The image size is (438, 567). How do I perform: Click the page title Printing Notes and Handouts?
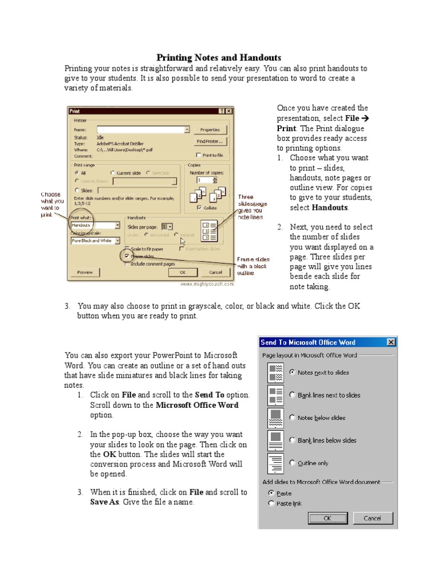(x=219, y=58)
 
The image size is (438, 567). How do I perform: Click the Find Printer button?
(x=210, y=141)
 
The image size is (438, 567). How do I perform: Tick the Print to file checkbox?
(x=198, y=155)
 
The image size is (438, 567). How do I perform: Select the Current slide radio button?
(x=112, y=172)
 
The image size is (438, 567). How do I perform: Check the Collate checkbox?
(x=198, y=208)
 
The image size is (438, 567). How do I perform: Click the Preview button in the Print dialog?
(x=85, y=272)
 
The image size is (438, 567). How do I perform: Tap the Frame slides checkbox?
(x=127, y=256)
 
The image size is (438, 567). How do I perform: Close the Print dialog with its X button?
(x=229, y=111)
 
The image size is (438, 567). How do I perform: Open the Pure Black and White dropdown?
(x=117, y=241)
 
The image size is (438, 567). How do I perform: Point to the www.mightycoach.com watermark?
(x=207, y=283)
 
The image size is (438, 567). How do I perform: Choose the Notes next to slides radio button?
(x=292, y=372)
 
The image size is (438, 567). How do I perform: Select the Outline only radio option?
(x=292, y=463)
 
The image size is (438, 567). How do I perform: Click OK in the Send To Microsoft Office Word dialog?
(x=327, y=518)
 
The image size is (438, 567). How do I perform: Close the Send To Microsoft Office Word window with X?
(x=391, y=342)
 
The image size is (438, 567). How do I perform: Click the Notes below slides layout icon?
(x=276, y=418)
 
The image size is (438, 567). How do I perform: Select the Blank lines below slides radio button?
(x=292, y=440)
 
